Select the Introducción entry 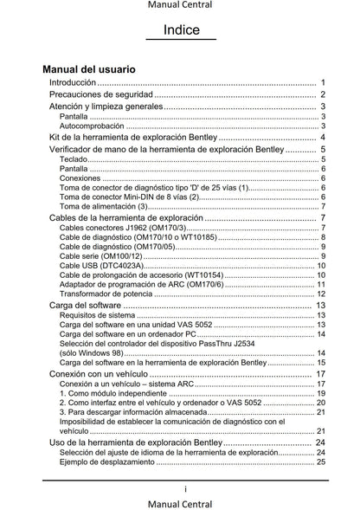tap(73, 81)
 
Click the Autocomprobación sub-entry tap(90, 126)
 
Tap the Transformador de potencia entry tap(109, 294)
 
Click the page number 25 tap(320, 462)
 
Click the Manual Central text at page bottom tap(181, 503)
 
